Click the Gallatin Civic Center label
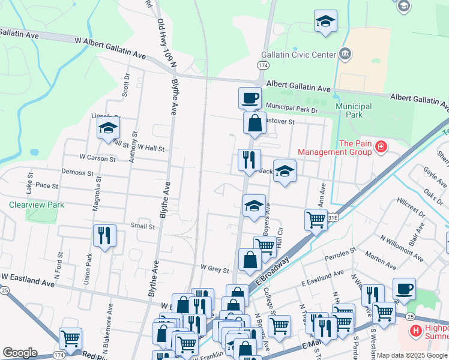tap(301, 55)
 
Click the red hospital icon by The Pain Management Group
tap(381, 146)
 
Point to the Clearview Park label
tap(36, 205)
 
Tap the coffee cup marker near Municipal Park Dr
tap(250, 97)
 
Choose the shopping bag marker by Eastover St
tap(255, 124)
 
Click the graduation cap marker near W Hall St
tap(108, 127)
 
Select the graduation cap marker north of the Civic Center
tap(325, 20)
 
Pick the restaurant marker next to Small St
tap(104, 235)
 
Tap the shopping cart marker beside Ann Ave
tap(316, 219)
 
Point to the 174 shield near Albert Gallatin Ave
tap(262, 64)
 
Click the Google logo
tap(20, 353)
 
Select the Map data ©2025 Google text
tap(412, 355)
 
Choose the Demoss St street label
tap(78, 172)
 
